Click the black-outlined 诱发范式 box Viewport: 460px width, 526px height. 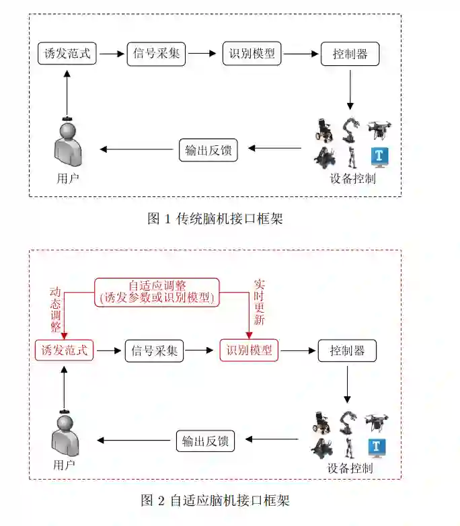(x=67, y=54)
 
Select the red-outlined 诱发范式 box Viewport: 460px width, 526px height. (x=65, y=350)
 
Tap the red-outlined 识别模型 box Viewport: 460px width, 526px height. (x=249, y=350)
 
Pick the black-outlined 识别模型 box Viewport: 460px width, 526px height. (x=252, y=54)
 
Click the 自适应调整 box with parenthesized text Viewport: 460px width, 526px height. (x=157, y=292)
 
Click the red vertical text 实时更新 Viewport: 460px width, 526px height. (x=259, y=302)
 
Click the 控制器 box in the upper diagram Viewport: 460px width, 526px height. (x=350, y=54)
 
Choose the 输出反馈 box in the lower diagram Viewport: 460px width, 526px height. (x=205, y=441)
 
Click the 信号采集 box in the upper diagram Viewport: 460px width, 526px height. (x=156, y=54)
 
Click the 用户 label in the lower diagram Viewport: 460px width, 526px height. (x=64, y=465)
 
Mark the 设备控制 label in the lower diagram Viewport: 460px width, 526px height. (x=350, y=469)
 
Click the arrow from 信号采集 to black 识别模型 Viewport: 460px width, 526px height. (x=204, y=54)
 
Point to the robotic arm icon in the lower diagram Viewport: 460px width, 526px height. (x=348, y=422)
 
